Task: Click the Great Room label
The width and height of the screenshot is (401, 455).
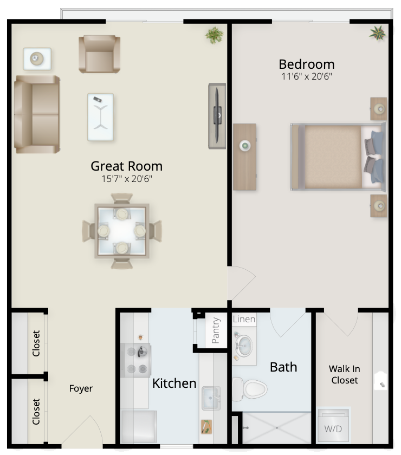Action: pyautogui.click(x=126, y=166)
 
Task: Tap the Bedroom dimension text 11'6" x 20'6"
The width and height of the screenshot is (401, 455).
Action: pyautogui.click(x=307, y=76)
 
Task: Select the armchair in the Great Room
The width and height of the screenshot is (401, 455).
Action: pyautogui.click(x=100, y=54)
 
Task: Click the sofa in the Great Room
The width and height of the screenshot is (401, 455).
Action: pyautogui.click(x=37, y=114)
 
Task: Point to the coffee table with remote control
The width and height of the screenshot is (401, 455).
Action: pyautogui.click(x=100, y=117)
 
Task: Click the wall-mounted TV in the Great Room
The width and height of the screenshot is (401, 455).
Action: pyautogui.click(x=217, y=116)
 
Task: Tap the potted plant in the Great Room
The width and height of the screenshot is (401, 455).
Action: pyautogui.click(x=215, y=35)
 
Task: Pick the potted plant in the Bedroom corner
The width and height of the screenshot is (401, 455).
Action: pyautogui.click(x=378, y=33)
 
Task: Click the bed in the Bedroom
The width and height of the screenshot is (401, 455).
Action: pyautogui.click(x=338, y=157)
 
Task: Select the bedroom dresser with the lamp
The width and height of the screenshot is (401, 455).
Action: pyautogui.click(x=244, y=157)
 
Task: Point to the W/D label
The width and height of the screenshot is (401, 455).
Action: pyautogui.click(x=333, y=429)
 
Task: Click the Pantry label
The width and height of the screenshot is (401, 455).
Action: pyautogui.click(x=216, y=330)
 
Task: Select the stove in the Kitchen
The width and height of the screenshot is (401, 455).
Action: pyautogui.click(x=135, y=360)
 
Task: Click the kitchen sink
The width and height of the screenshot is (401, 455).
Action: pyautogui.click(x=211, y=398)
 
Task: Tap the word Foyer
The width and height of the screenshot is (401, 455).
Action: pyautogui.click(x=81, y=388)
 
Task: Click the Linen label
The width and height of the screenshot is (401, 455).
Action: pyautogui.click(x=244, y=319)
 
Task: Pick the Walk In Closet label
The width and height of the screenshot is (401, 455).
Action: pyautogui.click(x=345, y=374)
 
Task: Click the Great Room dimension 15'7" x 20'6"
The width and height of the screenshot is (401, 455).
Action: pyautogui.click(x=127, y=179)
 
